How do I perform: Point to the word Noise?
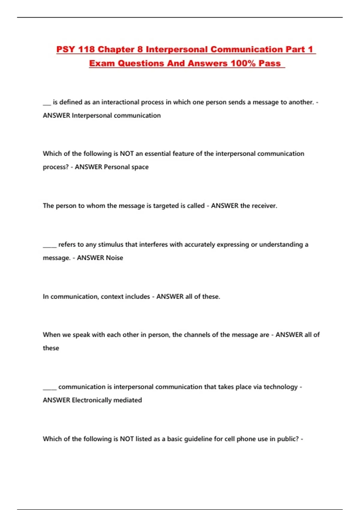click(x=114, y=258)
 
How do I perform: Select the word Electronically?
click(x=92, y=400)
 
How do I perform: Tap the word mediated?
click(x=128, y=400)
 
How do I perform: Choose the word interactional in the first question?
click(x=120, y=102)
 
